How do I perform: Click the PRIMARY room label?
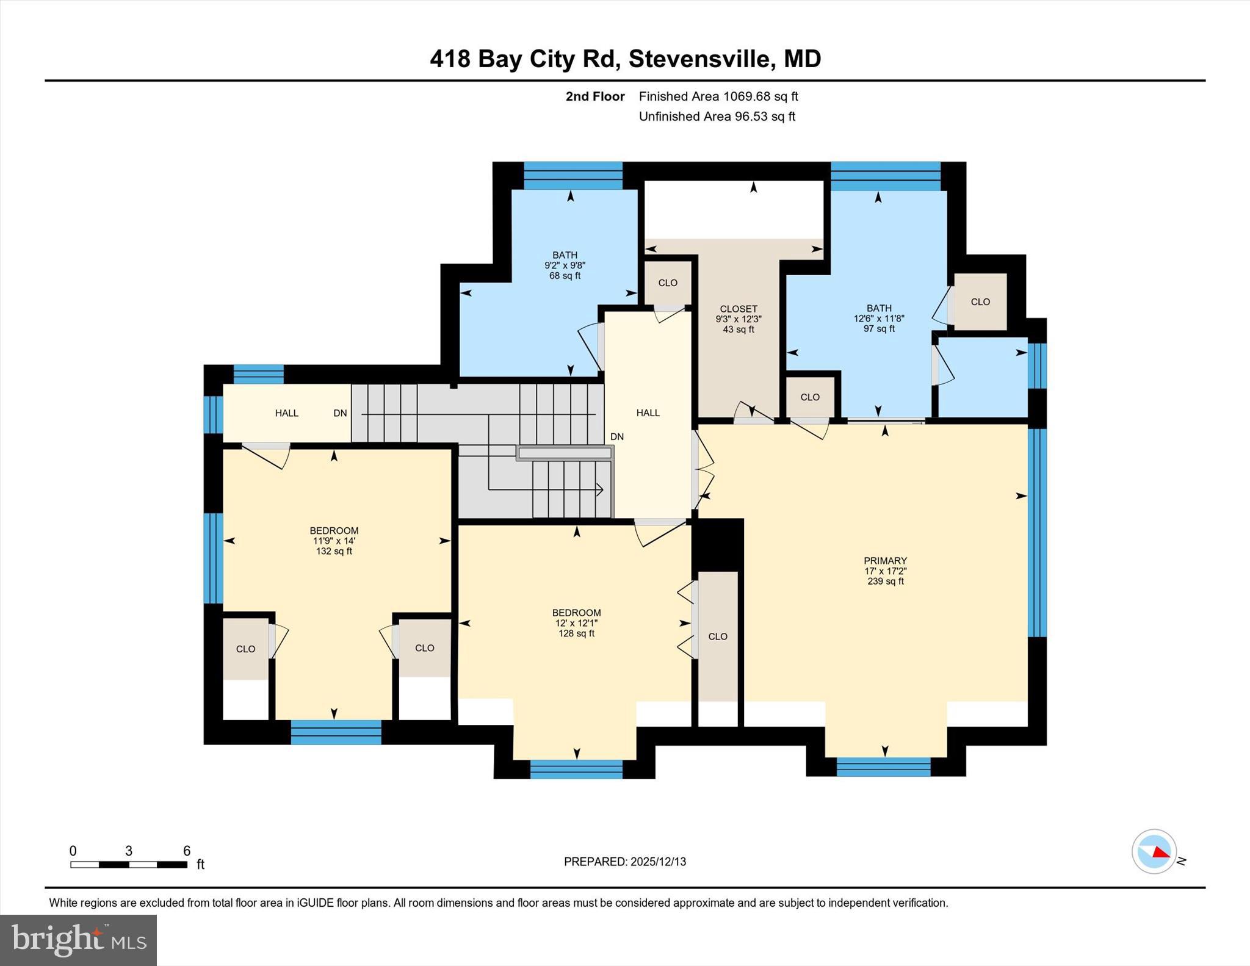tap(885, 561)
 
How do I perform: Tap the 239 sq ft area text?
tap(885, 582)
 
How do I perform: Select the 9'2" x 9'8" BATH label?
tap(565, 265)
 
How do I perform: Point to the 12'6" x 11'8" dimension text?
tap(878, 319)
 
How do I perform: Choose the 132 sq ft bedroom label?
tap(333, 551)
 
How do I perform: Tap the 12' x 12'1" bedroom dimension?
tap(576, 623)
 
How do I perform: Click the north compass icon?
tap(1154, 851)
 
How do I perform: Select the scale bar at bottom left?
tap(129, 864)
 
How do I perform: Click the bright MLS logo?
tap(78, 940)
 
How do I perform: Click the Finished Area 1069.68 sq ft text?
tap(718, 96)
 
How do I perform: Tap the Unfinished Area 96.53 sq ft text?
tap(717, 117)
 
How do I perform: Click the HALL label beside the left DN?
tap(286, 413)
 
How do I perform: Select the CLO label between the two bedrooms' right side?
tap(718, 636)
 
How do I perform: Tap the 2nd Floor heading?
tap(594, 96)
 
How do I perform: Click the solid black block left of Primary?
tap(718, 544)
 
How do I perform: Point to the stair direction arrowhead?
tap(600, 489)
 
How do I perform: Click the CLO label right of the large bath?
tap(980, 302)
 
